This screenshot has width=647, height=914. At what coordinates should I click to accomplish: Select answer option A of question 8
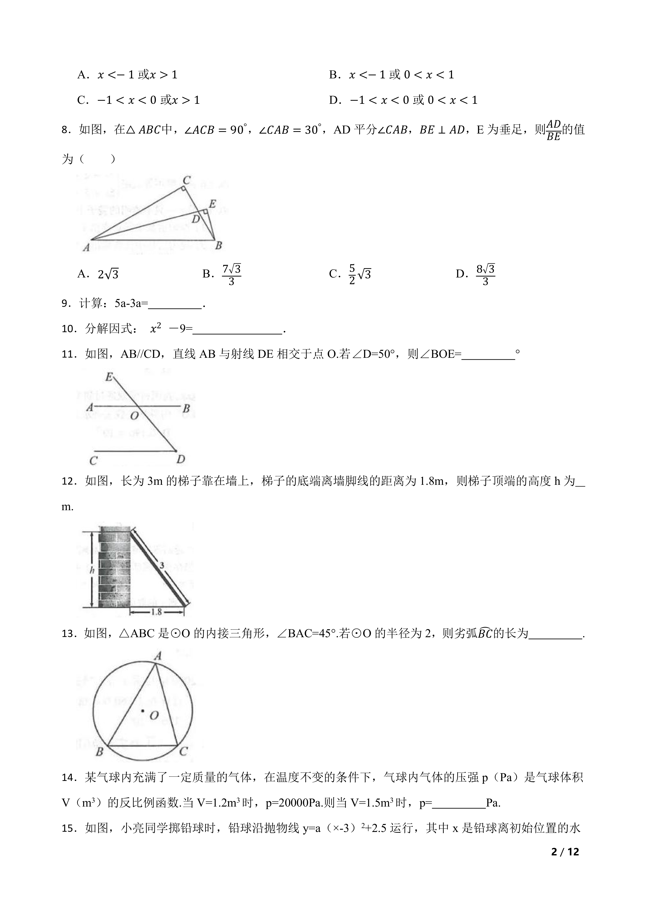point(98,274)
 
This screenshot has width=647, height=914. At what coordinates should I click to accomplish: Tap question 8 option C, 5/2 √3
point(350,274)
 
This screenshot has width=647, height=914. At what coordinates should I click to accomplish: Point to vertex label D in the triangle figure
point(196,219)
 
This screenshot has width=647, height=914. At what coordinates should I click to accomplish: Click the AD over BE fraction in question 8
point(553,130)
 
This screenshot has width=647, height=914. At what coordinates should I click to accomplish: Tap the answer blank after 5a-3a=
point(175,304)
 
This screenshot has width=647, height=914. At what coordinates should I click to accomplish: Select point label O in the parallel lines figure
point(134,416)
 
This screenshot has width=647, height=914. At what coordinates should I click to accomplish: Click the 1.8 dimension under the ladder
point(156,611)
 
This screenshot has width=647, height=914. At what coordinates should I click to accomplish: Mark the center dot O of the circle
point(143,711)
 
